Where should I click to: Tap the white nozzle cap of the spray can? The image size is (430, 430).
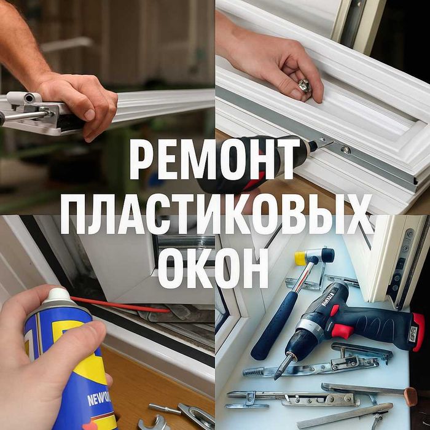58,297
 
